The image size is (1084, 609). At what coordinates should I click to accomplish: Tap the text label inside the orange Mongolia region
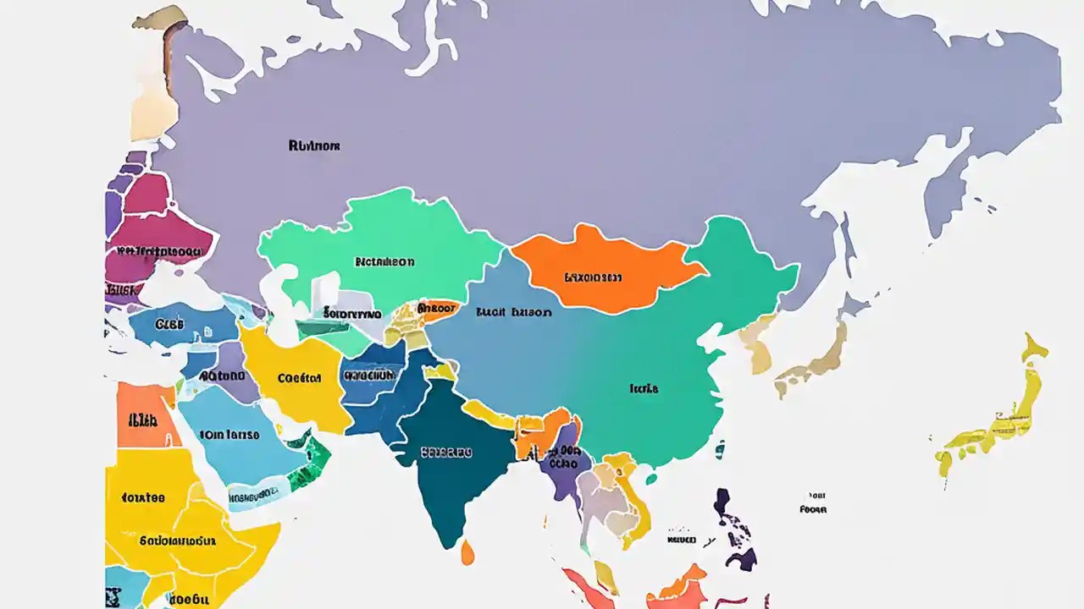coord(593,277)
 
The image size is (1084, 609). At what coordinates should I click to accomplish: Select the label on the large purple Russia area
coord(314,145)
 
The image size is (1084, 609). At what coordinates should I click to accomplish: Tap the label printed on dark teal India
coord(446,453)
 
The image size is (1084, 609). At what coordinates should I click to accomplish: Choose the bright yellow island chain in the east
coord(999,414)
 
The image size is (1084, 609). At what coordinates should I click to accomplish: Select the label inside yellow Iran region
coord(299,378)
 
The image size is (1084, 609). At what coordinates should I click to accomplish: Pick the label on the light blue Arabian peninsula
coord(230,435)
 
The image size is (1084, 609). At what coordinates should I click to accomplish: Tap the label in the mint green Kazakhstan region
coord(384,262)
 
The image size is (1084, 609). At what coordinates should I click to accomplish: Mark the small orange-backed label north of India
coord(438,309)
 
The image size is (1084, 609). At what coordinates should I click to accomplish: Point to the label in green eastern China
coord(644,389)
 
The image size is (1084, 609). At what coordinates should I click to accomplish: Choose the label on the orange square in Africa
coord(142,419)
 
